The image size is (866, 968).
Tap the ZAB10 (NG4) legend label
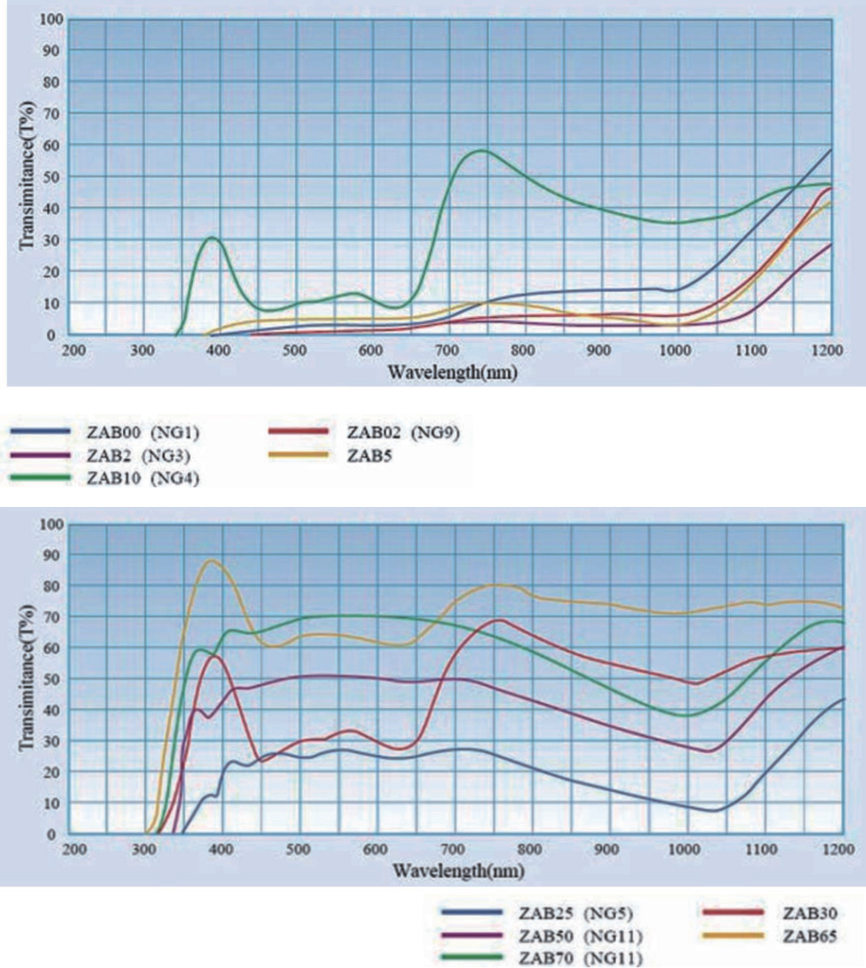[x=140, y=478]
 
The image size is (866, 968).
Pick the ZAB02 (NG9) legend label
[x=403, y=432]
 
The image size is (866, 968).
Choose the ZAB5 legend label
[x=370, y=455]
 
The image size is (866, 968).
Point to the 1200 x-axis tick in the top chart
[x=828, y=351]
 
